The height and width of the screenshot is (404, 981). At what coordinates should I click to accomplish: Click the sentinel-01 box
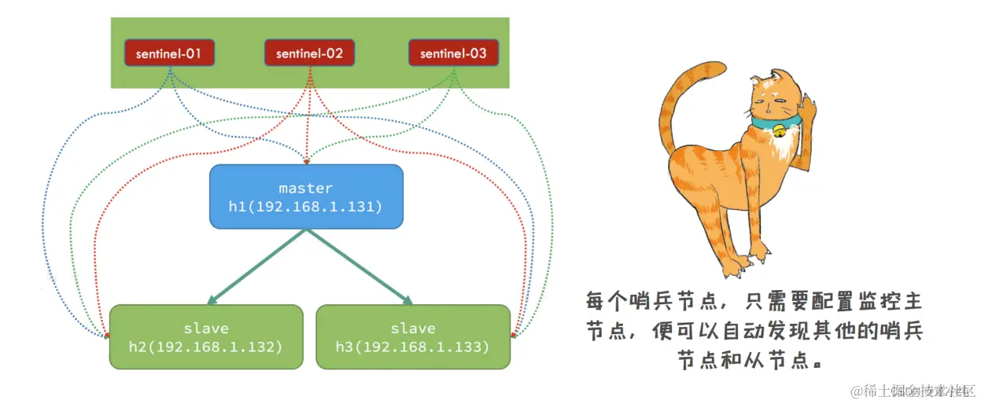169,53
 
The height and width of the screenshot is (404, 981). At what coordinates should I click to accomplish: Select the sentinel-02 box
310,53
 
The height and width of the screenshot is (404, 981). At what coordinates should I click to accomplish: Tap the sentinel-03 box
453,53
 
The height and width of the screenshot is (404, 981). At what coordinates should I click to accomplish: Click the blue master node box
306,196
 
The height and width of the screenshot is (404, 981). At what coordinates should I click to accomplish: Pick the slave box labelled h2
206,336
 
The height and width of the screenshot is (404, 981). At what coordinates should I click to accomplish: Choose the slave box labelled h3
413,336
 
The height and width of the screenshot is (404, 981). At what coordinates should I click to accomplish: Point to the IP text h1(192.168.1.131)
306,207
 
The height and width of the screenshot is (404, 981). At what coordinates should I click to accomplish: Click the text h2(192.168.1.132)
206,346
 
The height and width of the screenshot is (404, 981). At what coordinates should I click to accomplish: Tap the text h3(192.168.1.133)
413,346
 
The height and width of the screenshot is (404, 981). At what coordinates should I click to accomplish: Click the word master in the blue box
306,189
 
